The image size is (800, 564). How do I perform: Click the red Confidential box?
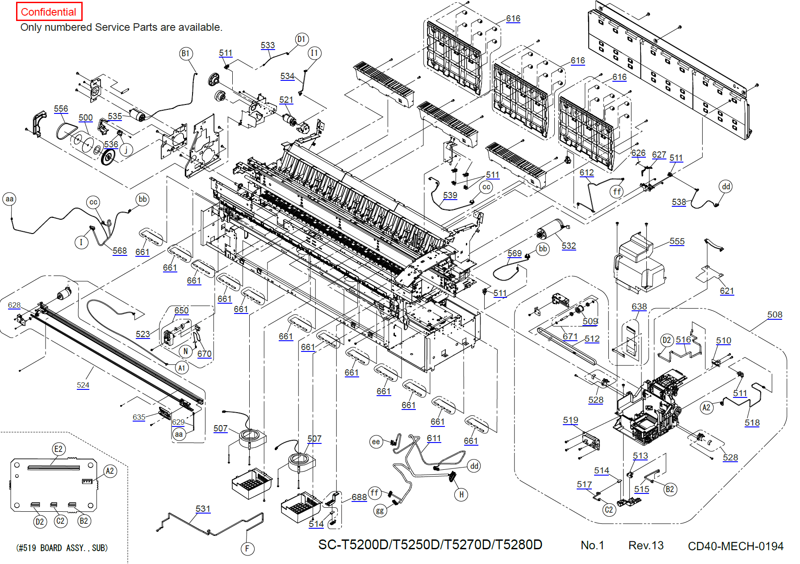(x=49, y=12)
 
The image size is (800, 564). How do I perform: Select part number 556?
(x=61, y=109)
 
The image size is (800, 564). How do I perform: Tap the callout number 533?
(x=268, y=45)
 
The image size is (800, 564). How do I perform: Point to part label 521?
(x=286, y=100)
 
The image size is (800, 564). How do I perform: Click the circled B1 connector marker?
(x=186, y=54)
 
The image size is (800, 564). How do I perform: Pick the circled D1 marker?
(x=302, y=39)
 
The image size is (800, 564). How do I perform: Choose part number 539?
(x=450, y=195)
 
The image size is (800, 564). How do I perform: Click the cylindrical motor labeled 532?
(x=550, y=229)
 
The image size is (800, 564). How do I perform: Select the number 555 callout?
(x=677, y=241)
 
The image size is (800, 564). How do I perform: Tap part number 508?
(x=775, y=314)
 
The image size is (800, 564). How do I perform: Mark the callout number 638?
(x=639, y=306)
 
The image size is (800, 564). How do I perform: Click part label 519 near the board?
(x=570, y=420)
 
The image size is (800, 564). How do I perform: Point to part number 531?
(x=203, y=509)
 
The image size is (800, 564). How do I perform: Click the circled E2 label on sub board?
(x=59, y=449)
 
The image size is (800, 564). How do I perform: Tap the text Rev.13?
(x=645, y=545)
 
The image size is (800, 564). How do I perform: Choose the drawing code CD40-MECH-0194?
(x=735, y=546)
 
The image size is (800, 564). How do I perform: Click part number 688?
(x=359, y=497)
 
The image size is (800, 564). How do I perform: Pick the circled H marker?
(x=461, y=494)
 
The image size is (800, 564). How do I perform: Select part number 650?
(x=181, y=310)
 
